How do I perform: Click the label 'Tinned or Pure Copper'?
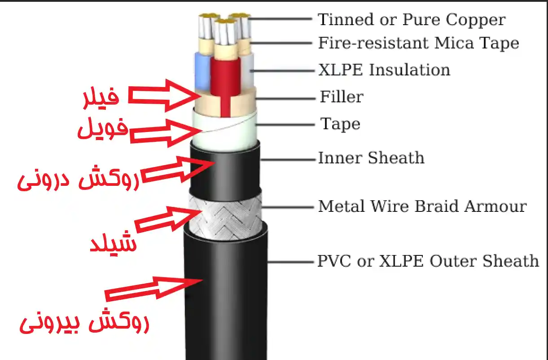tap(412, 20)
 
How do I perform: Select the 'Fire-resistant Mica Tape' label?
tap(418, 43)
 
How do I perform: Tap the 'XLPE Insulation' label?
tap(384, 70)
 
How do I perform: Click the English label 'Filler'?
tap(342, 97)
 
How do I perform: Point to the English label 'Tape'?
tap(340, 123)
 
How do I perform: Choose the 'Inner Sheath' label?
tap(371, 158)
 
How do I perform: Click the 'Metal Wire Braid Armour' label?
tap(422, 206)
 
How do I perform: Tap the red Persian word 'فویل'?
tap(102, 130)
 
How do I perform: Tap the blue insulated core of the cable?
tap(201, 72)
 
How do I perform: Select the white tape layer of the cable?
tap(224, 130)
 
